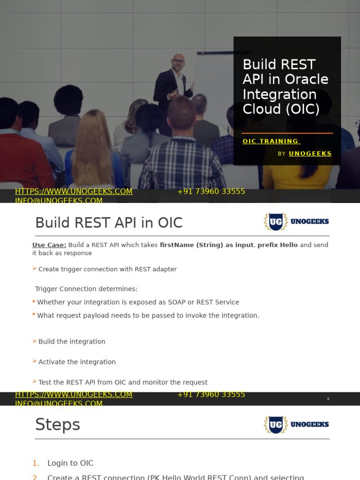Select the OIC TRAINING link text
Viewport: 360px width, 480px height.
[x=270, y=141]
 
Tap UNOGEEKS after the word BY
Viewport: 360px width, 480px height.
[x=310, y=153]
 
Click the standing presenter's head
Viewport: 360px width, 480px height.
[x=178, y=61]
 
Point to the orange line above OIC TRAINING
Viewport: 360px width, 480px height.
[x=287, y=134]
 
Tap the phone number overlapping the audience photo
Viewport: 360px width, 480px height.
[x=211, y=191]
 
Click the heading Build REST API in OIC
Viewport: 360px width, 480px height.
[x=109, y=223]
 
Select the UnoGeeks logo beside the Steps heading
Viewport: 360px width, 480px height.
[x=296, y=424]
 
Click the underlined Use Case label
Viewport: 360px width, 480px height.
[x=49, y=245]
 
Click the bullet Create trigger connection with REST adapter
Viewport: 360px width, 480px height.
[x=107, y=269]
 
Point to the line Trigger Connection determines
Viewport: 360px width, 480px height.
[x=86, y=289]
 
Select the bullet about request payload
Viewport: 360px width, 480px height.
[x=148, y=315]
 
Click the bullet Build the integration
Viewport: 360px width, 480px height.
[x=72, y=341]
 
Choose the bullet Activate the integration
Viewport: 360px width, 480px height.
[x=77, y=362]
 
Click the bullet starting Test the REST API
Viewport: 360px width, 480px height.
[x=123, y=382]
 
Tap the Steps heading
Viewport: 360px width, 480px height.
[x=58, y=425]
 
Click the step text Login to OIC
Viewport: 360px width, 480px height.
[x=70, y=463]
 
